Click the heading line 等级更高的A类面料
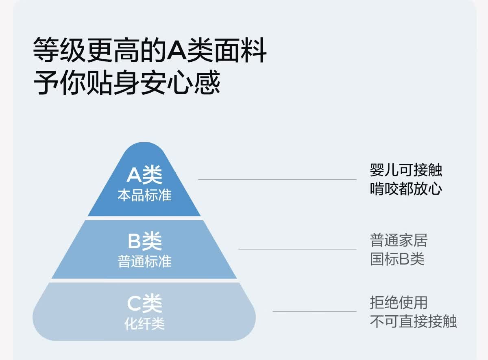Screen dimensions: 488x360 150,50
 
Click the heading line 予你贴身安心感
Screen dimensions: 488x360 127,82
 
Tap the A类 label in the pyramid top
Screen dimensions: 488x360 144,175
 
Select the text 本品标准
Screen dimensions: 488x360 144,195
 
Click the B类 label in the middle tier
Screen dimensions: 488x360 145,241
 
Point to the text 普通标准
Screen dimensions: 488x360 144,261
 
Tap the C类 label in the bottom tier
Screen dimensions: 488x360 144,304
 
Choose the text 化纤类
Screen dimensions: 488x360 144,324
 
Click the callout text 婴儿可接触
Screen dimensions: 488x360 406,170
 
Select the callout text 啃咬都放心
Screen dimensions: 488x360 406,189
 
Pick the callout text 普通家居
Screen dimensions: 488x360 399,241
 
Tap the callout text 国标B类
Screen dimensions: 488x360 397,259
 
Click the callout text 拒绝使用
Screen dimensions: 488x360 399,303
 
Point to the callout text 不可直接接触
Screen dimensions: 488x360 413,321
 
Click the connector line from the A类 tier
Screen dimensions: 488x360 277,180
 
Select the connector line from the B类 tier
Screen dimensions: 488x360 297,249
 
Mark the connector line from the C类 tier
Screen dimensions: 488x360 315,311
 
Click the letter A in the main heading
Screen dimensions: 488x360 176,50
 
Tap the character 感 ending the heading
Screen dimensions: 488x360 207,82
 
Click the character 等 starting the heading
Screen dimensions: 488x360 46,50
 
